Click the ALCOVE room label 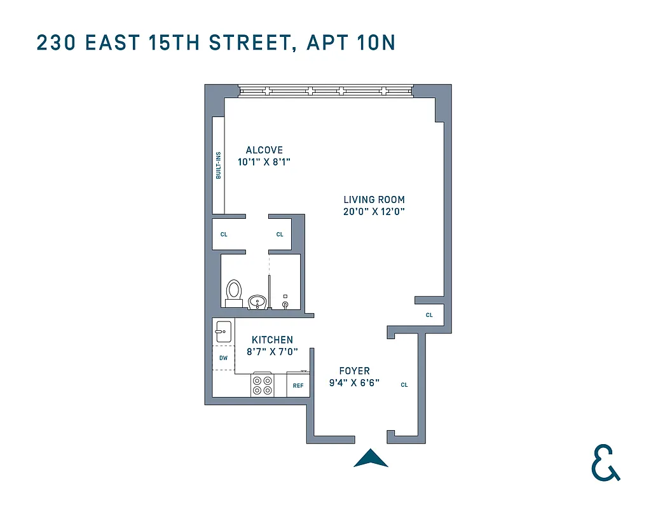coord(264,150)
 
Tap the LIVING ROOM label coord(374,200)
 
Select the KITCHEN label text coord(272,340)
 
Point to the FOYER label coord(354,371)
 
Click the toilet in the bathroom coord(234,292)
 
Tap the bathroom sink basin coord(257,300)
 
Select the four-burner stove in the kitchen coord(262,385)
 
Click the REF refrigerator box coord(298,386)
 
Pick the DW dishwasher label coord(223,358)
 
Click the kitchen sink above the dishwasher coord(223,331)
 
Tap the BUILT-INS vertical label coord(219,165)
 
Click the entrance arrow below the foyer coord(371,458)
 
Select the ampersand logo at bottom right coord(605,463)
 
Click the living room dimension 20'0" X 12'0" coord(374,212)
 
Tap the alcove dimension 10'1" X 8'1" coord(264,162)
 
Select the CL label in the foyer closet coord(404,385)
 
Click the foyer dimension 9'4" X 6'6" coord(354,383)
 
